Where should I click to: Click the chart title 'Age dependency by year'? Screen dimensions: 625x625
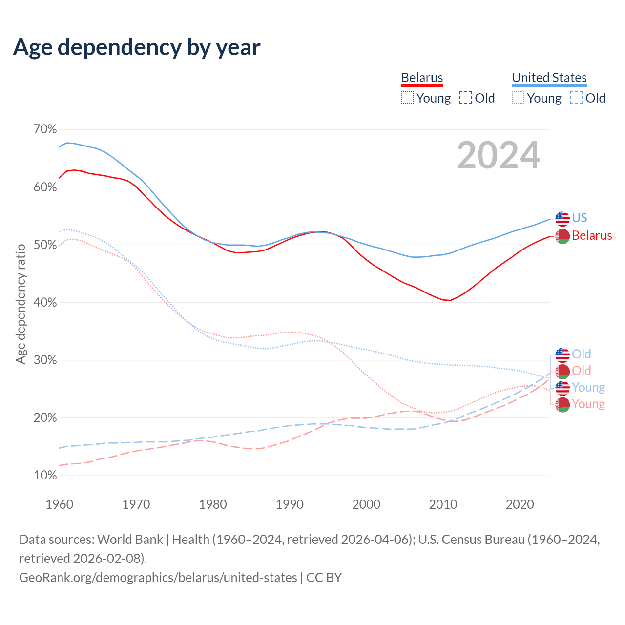click(x=137, y=47)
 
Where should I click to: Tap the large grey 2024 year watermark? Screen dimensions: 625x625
click(x=498, y=155)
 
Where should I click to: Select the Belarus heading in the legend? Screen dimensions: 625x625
click(x=422, y=78)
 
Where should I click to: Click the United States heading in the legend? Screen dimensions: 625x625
click(x=549, y=78)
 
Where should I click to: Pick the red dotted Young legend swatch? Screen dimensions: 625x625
click(x=407, y=98)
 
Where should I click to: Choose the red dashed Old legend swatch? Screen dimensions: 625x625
click(x=466, y=98)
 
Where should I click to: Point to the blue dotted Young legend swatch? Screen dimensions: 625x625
click(x=518, y=98)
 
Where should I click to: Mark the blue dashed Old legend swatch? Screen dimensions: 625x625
click(x=577, y=98)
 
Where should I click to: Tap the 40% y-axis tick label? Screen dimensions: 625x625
click(x=45, y=303)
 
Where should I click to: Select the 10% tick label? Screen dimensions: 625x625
click(x=45, y=476)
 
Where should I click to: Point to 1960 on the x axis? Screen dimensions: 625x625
click(x=60, y=504)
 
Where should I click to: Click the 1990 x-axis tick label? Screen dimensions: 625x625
click(x=290, y=504)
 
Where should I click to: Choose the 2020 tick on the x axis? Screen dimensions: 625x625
click(x=520, y=504)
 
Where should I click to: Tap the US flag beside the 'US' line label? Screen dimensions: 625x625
click(x=562, y=218)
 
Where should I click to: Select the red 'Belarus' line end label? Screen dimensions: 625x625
click(x=592, y=236)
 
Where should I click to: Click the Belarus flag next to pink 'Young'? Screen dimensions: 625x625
click(x=562, y=404)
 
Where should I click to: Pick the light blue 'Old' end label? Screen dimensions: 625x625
click(x=582, y=354)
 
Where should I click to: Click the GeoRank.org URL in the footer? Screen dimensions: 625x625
click(x=158, y=578)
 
